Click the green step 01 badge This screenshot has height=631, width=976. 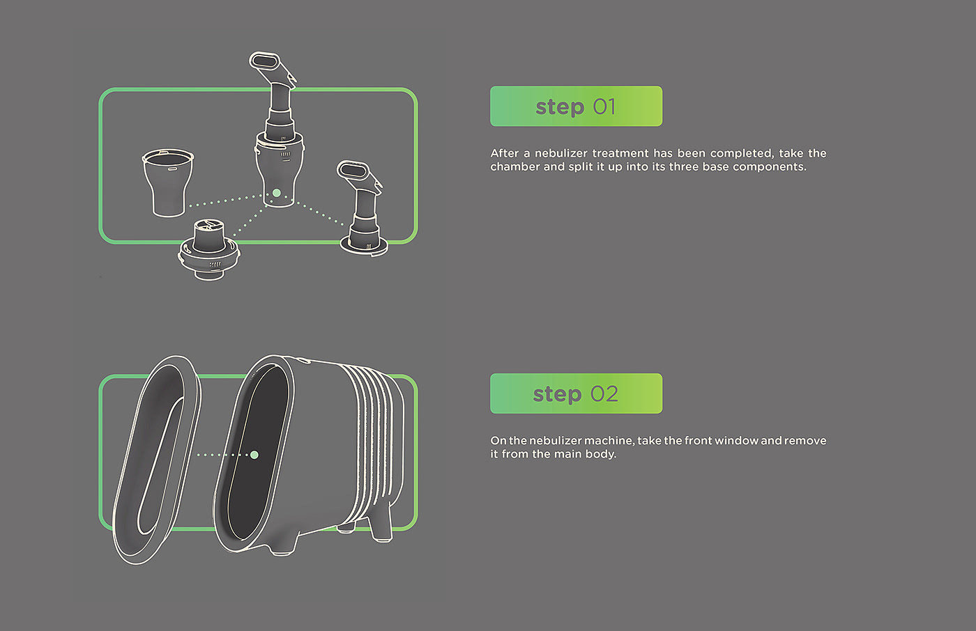click(576, 107)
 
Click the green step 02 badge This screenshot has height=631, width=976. click(576, 394)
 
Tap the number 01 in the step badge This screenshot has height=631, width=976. click(604, 107)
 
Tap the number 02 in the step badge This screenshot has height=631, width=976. click(604, 394)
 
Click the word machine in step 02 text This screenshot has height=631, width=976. click(609, 441)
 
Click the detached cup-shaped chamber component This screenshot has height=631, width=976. click(168, 183)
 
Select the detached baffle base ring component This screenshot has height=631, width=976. click(208, 251)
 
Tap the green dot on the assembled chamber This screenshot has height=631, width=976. click(277, 193)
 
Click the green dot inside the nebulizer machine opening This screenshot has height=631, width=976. click(254, 455)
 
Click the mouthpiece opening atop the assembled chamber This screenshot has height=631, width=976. click(266, 61)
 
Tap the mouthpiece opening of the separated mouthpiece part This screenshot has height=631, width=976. click(353, 169)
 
